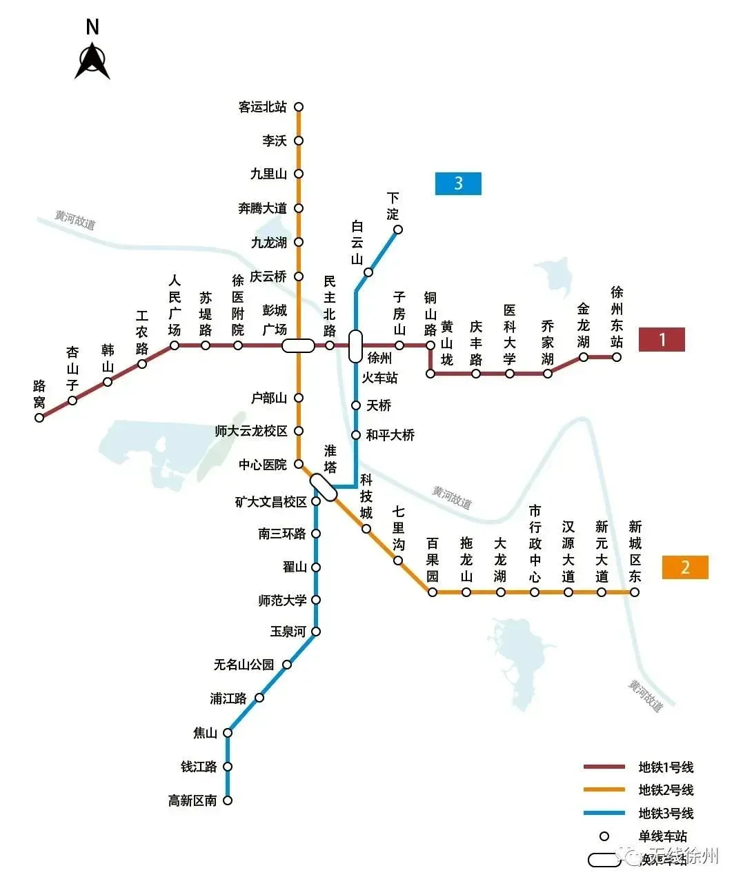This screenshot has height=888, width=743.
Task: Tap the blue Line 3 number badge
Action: click(458, 183)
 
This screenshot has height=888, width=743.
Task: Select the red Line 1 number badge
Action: click(662, 339)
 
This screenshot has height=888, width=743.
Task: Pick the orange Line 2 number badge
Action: click(685, 567)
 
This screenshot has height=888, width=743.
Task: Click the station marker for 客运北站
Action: click(299, 107)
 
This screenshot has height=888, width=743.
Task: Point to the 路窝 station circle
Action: click(39, 417)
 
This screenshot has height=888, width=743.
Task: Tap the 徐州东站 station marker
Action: click(617, 357)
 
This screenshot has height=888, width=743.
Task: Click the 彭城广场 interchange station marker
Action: click(299, 345)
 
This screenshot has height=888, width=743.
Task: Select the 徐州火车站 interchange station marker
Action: click(355, 346)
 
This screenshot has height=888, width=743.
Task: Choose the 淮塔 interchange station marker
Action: click(323, 487)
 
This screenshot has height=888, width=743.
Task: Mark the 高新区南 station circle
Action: click(228, 800)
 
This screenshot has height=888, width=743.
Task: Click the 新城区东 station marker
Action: click(635, 592)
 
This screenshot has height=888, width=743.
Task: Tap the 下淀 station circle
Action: click(397, 230)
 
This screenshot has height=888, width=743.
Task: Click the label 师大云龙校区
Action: click(251, 431)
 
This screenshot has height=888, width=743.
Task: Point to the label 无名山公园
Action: click(244, 665)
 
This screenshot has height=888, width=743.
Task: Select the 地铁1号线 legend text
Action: click(666, 767)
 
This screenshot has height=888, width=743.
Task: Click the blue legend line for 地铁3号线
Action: click(604, 814)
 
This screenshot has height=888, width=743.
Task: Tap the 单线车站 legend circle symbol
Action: click(604, 836)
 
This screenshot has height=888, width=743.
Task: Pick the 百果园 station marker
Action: click(433, 592)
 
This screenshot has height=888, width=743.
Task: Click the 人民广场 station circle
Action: click(175, 345)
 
